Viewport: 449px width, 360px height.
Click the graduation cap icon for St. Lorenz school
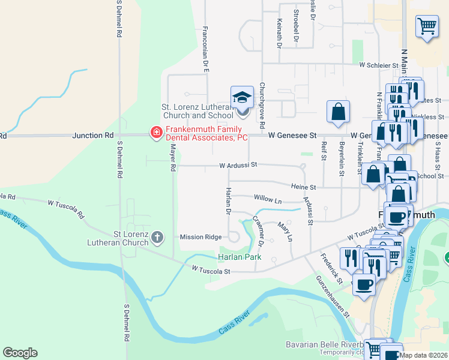click(x=241, y=97)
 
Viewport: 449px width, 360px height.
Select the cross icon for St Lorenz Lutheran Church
click(x=157, y=237)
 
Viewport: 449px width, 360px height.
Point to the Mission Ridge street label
click(x=201, y=237)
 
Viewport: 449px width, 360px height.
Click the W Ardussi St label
click(x=238, y=164)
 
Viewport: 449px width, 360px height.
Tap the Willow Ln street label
click(x=268, y=199)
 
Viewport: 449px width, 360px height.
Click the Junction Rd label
click(x=92, y=136)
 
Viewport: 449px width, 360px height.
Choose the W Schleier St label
click(x=379, y=65)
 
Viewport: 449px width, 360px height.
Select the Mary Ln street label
click(x=285, y=232)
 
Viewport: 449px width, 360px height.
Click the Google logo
click(x=20, y=353)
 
